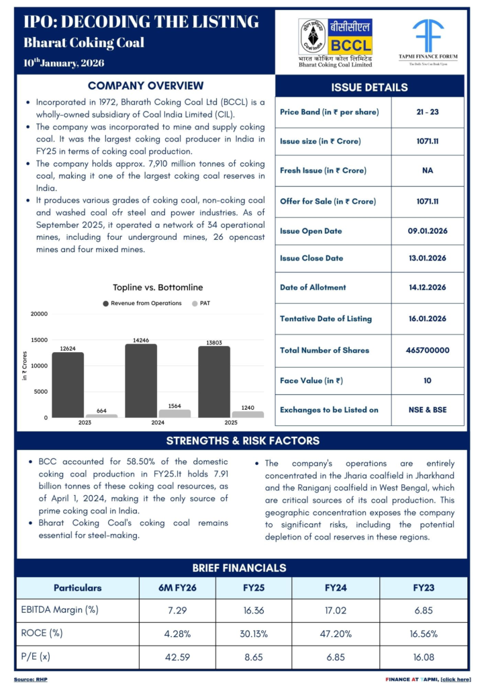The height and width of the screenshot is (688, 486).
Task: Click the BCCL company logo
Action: pyautogui.click(x=335, y=42)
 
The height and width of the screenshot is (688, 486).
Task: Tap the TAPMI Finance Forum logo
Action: pyautogui.click(x=428, y=42)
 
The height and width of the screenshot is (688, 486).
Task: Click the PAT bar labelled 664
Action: pyautogui.click(x=101, y=416)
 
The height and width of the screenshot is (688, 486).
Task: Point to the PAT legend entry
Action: pyautogui.click(x=201, y=303)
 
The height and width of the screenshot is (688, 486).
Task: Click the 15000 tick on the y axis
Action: pyautogui.click(x=39, y=340)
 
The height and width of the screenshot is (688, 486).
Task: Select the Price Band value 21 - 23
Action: pyautogui.click(x=427, y=112)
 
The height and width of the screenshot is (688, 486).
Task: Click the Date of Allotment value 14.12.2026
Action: pyautogui.click(x=427, y=288)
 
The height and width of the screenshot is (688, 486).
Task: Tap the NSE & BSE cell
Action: pyautogui.click(x=427, y=410)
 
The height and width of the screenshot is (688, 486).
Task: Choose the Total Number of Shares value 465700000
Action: pyautogui.click(x=427, y=350)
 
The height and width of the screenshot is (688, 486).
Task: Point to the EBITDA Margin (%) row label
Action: pyautogui.click(x=60, y=611)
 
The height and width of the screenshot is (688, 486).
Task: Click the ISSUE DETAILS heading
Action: pyautogui.click(x=369, y=87)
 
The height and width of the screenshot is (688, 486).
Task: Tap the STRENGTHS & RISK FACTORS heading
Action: pyautogui.click(x=242, y=441)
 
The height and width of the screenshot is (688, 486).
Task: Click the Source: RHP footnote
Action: pyautogui.click(x=31, y=679)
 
